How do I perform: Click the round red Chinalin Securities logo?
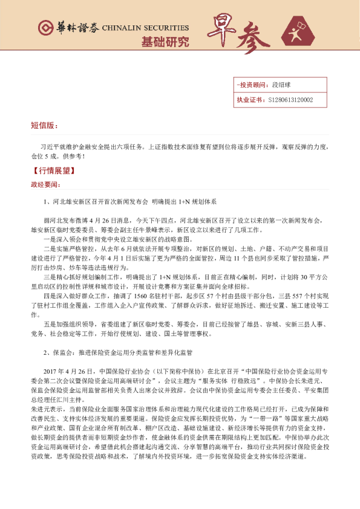[x=45, y=28]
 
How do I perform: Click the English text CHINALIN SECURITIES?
[x=145, y=28]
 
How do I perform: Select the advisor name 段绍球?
[x=282, y=86]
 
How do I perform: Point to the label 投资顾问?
[x=249, y=86]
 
